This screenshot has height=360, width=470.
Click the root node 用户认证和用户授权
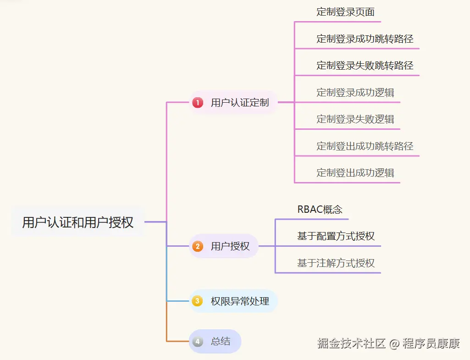[x=78, y=222]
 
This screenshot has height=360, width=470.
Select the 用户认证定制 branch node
[x=239, y=102]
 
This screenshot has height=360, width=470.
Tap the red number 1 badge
[x=198, y=102]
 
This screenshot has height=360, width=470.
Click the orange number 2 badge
[x=198, y=246]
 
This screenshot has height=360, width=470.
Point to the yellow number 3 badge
[x=198, y=301]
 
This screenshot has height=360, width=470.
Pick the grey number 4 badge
[x=198, y=342]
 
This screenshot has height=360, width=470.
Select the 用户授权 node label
[x=230, y=246]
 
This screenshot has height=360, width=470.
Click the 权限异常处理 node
[x=240, y=301]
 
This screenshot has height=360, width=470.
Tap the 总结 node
[x=221, y=342]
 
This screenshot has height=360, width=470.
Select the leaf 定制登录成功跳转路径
[x=365, y=39]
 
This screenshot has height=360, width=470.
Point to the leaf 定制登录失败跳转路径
[x=365, y=66]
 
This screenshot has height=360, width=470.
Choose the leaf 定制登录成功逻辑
[x=355, y=92]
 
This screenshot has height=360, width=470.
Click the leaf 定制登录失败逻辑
[x=355, y=119]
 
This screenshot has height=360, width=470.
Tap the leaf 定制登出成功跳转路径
[x=365, y=146]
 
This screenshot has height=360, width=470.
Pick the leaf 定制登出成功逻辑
[x=355, y=173]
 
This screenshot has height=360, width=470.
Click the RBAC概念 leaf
[x=320, y=210]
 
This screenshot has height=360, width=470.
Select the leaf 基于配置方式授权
[x=336, y=236]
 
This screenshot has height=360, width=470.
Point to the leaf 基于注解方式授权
[x=336, y=263]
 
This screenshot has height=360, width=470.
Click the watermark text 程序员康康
[x=431, y=343]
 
